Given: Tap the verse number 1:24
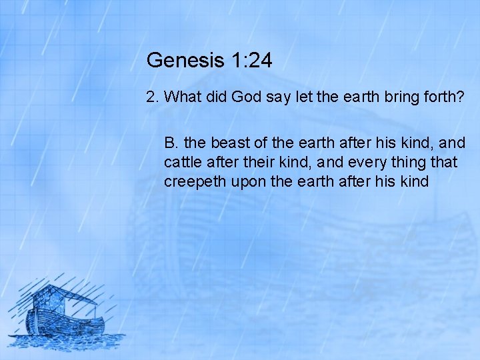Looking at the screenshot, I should (x=251, y=61).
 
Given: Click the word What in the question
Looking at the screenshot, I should (x=182, y=97).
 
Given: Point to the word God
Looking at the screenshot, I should (x=247, y=97).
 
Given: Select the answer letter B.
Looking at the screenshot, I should (x=171, y=143).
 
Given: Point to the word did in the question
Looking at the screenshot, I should (x=215, y=97).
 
